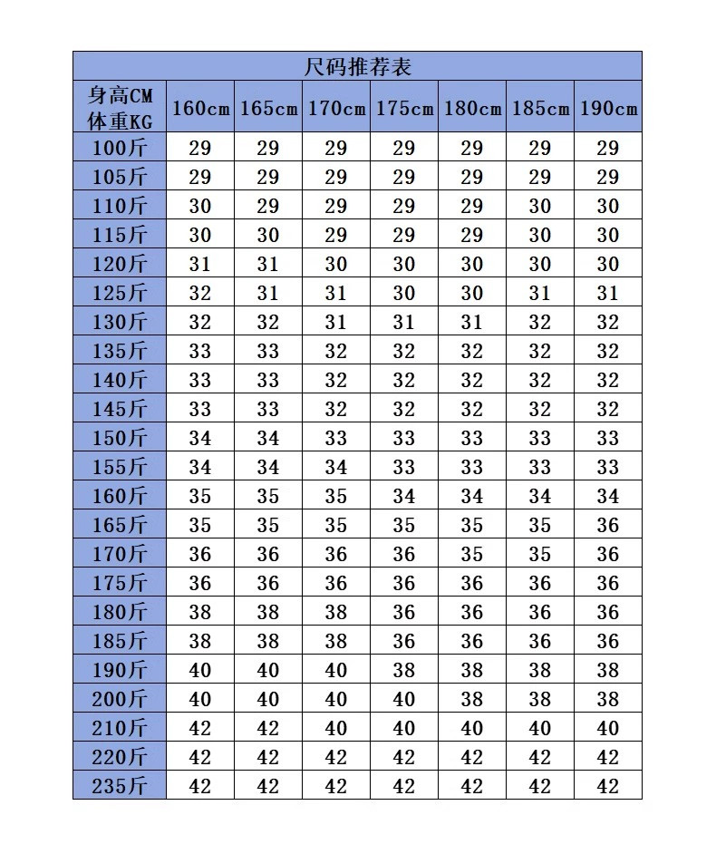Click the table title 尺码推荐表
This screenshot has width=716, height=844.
(358, 66)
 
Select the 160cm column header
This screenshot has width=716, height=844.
(200, 108)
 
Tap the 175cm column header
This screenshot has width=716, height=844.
(404, 108)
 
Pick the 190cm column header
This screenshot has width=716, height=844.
(608, 108)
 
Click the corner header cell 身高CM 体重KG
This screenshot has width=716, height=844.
(120, 108)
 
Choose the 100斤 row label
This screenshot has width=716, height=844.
(120, 148)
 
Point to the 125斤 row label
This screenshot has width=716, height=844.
(120, 293)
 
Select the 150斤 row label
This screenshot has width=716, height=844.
(120, 438)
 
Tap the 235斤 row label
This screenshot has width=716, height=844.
(120, 786)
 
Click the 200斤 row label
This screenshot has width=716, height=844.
(120, 699)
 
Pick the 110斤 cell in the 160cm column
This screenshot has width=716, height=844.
(200, 206)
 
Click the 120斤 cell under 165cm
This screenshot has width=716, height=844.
(268, 264)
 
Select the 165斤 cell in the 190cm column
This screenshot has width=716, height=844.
(608, 525)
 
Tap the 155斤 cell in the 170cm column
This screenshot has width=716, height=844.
(336, 467)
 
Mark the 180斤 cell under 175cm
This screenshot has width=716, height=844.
(404, 612)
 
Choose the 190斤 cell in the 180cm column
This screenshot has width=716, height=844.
(472, 670)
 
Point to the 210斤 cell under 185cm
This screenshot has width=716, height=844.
(540, 728)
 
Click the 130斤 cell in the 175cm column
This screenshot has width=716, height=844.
(404, 322)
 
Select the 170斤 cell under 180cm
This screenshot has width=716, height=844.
(472, 554)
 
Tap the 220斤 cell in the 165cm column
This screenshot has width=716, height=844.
(268, 757)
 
